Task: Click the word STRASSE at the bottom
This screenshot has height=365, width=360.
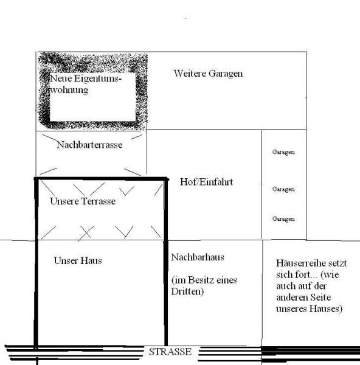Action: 170,352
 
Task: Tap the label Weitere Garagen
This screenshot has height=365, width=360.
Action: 208,74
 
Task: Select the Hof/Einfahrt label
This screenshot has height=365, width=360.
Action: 206,182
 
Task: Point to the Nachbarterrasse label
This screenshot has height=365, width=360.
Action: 89,145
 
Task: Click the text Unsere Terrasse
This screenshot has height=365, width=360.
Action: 83,201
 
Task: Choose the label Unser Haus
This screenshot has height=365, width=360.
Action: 78,260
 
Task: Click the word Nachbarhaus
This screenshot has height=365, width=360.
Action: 198,257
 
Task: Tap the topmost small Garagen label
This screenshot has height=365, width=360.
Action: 283,152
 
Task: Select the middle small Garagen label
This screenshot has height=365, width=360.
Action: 283,189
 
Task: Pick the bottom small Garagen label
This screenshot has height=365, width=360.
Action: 283,219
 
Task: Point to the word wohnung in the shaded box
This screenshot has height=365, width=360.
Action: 69,90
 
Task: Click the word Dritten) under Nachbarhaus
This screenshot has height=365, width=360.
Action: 187,291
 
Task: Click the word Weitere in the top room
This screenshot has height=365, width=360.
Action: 190,74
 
